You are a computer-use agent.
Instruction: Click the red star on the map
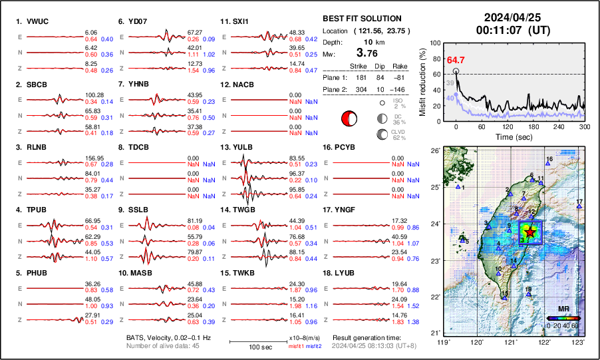coord(530,232)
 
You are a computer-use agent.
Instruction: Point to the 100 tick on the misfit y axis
coord(436,43)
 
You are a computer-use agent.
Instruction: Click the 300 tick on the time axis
coord(585,126)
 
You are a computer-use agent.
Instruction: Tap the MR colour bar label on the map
coord(563,309)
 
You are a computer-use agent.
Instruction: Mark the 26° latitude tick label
coord(436,151)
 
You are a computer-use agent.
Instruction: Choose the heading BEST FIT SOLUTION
coord(362,19)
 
